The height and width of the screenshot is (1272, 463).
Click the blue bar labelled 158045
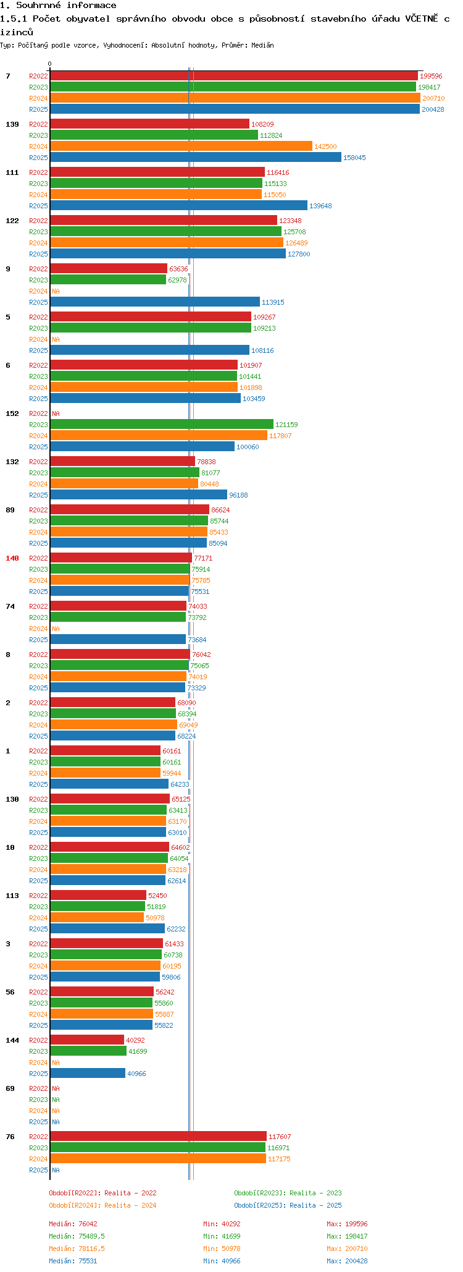tap(195, 158)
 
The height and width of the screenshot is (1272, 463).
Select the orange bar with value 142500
tap(181, 146)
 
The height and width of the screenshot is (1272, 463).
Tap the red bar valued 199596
tap(233, 76)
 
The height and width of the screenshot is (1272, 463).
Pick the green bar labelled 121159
tap(161, 425)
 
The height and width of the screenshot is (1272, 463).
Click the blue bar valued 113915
tap(154, 302)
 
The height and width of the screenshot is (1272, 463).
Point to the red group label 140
tap(12, 558)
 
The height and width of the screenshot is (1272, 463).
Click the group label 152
tap(12, 413)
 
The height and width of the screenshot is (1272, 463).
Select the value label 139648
tap(320, 206)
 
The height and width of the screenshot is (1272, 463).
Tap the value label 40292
tap(135, 1040)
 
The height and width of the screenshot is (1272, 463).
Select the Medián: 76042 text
tap(73, 1224)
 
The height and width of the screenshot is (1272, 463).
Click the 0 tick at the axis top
tap(50, 64)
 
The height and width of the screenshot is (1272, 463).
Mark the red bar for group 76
tap(158, 1137)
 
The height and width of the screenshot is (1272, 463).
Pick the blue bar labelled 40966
tap(88, 1074)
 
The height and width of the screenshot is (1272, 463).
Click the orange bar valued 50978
tap(97, 918)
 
